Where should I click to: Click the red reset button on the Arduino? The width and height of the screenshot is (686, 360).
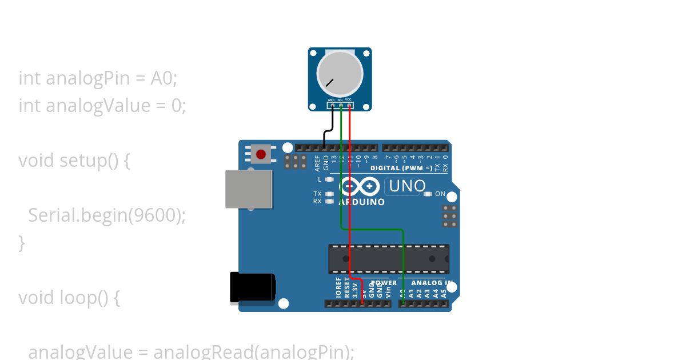[x=261, y=154]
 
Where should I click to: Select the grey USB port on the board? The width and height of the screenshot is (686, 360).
[x=249, y=189]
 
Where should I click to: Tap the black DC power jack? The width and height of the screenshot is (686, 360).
[x=252, y=287]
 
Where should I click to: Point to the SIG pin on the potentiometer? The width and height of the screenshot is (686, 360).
[x=341, y=105]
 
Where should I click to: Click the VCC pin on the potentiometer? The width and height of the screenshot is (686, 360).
[x=349, y=105]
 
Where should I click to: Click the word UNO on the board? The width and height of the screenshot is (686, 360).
[x=405, y=186]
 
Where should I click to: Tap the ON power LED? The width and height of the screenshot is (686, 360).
[x=428, y=194]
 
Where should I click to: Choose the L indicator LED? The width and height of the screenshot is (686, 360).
[x=329, y=179]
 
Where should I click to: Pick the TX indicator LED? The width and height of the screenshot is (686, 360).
[x=329, y=194]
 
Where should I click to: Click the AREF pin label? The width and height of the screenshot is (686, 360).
[x=318, y=163]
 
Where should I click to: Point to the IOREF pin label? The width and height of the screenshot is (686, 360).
[x=338, y=288]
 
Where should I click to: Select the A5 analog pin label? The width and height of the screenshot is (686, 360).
[x=444, y=294]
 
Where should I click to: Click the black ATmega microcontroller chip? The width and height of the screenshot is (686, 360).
[x=389, y=259]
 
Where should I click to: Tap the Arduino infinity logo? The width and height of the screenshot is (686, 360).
[x=360, y=187]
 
